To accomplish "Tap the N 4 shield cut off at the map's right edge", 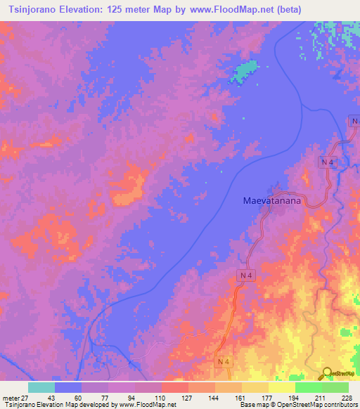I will pos(354,121).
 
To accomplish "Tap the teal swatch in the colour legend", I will pos(41,387).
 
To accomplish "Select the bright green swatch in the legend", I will pos(308,387).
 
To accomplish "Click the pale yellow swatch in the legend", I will pos(281,387).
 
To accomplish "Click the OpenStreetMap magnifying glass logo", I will pos(327,372).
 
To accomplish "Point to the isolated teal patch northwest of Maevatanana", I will pos(243,71).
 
